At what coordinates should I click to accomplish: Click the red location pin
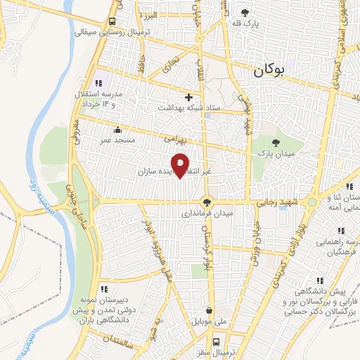pos(181,164)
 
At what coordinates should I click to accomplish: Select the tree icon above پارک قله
pos(245,12)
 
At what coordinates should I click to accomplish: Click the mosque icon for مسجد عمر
pos(117,129)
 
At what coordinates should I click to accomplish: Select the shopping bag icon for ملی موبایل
pos(209,310)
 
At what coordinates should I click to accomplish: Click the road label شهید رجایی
pos(278,202)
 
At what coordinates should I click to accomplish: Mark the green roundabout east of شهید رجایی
pos(312,202)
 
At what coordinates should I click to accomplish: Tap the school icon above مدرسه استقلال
pos(98,83)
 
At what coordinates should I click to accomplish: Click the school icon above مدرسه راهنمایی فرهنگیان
pos(341,231)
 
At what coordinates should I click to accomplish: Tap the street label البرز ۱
pos(149,15)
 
